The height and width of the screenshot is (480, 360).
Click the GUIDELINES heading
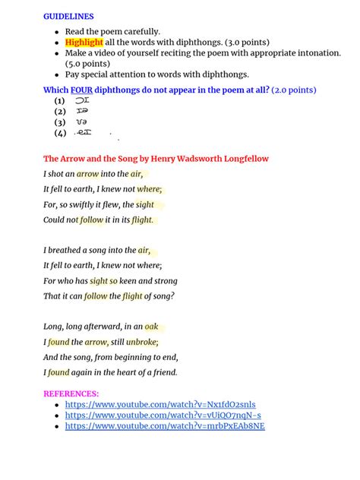coord(68,15)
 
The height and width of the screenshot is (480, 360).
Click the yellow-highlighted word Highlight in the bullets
coord(84,42)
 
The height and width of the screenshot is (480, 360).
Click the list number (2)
coord(59,111)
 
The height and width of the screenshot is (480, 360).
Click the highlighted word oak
coord(152,326)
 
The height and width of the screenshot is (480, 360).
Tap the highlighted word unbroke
coord(141,342)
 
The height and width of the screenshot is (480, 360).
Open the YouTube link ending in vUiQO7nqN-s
coord(163,415)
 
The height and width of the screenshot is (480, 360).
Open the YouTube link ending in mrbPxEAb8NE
coord(164,426)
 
